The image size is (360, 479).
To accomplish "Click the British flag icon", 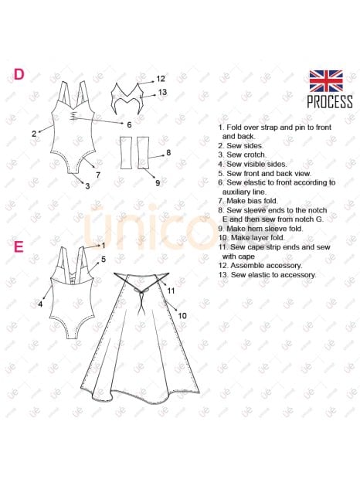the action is [x=326, y=80].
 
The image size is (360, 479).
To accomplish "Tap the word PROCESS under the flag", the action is [x=330, y=101].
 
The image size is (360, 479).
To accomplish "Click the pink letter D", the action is [x=19, y=74].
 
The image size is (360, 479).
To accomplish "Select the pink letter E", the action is [x=19, y=246].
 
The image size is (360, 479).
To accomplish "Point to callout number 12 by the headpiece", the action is [x=161, y=79].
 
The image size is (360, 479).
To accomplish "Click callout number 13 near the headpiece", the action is [x=162, y=92].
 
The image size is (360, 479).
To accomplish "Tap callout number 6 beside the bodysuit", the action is [x=129, y=124].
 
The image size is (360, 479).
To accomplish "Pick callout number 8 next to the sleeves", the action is [x=168, y=153].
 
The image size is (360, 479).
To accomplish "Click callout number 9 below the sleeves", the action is [x=158, y=182].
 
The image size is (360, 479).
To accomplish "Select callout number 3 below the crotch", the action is [x=87, y=185].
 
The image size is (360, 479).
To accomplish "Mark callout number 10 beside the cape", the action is [x=182, y=315].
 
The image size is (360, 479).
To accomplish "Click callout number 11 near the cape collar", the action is [x=171, y=290].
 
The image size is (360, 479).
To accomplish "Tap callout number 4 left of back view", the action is [x=40, y=304].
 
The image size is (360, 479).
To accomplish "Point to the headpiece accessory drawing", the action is [x=127, y=98].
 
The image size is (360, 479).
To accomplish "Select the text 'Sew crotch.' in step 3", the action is [x=246, y=155].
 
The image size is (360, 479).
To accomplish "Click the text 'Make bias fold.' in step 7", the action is [x=252, y=201].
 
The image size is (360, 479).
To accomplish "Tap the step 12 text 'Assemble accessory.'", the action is [x=267, y=266].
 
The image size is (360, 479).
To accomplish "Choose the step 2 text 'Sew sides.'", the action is [x=245, y=146].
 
